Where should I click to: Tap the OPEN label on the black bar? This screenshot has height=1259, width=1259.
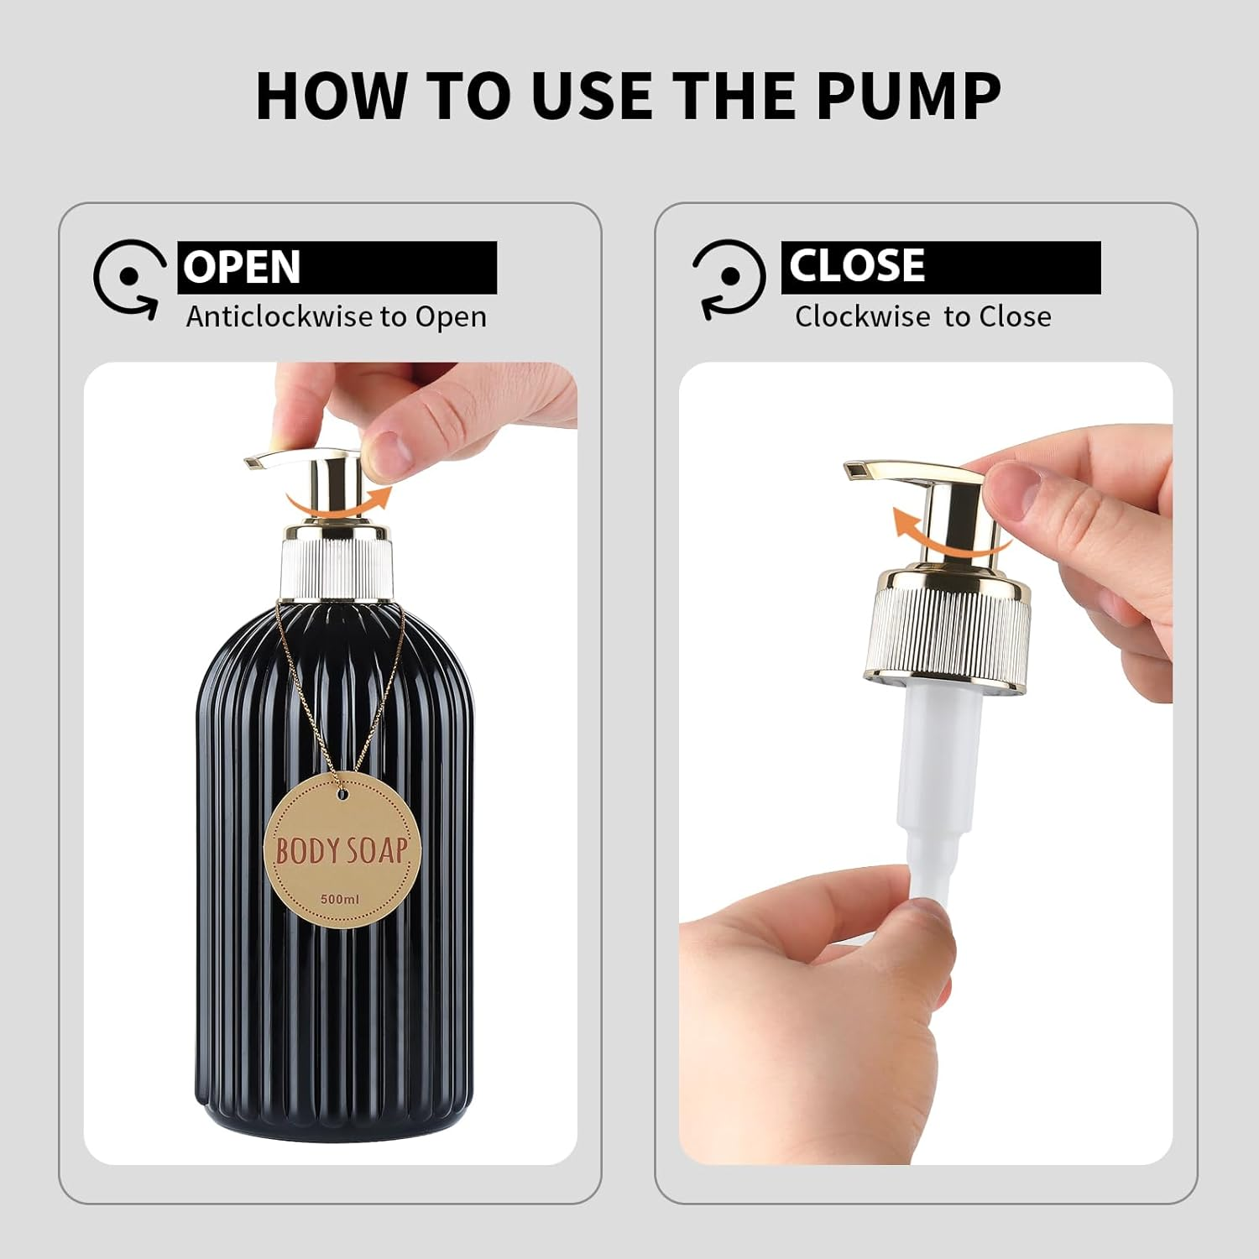pyautogui.click(x=242, y=268)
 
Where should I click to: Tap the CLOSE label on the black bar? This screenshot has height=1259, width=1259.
pyautogui.click(x=856, y=266)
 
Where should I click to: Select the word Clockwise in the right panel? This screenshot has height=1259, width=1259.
pyautogui.click(x=863, y=317)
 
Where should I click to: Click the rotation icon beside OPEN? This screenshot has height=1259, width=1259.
pyautogui.click(x=128, y=278)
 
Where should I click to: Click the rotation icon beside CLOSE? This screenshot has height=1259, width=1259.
pyautogui.click(x=729, y=278)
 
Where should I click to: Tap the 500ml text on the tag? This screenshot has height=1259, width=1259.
pyautogui.click(x=339, y=899)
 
